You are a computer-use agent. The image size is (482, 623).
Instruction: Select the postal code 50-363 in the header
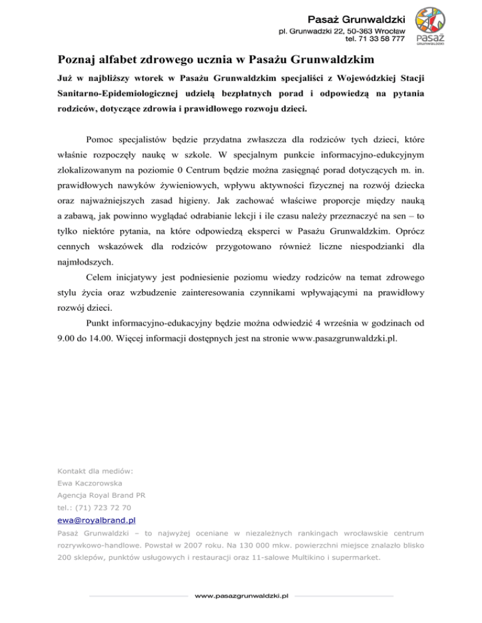click(358, 29)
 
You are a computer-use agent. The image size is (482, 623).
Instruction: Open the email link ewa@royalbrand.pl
click(97, 520)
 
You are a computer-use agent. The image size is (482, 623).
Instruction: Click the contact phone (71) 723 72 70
click(104, 507)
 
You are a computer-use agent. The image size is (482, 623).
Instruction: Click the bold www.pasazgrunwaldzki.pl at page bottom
click(241, 595)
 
